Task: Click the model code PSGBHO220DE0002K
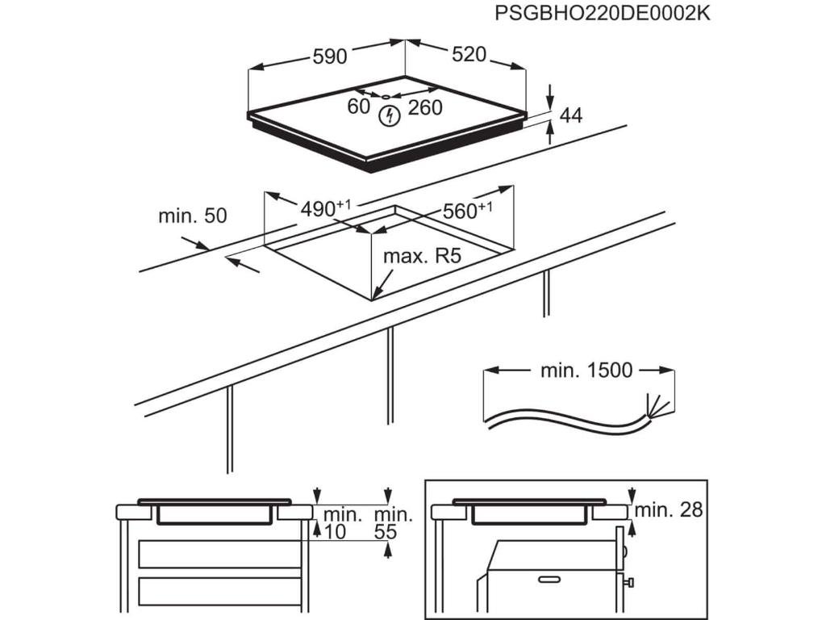[603, 14]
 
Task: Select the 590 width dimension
[329, 57]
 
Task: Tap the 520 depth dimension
[469, 54]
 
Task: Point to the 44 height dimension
[570, 115]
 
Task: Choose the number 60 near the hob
[359, 107]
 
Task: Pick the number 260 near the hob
[425, 107]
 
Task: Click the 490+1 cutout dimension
[325, 208]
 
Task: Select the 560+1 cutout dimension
[467, 212]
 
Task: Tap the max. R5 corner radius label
[421, 257]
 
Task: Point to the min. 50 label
[193, 216]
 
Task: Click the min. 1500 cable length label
[586, 371]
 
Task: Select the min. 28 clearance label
[669, 509]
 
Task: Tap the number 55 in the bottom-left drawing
[386, 532]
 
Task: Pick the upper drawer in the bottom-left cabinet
[219, 554]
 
